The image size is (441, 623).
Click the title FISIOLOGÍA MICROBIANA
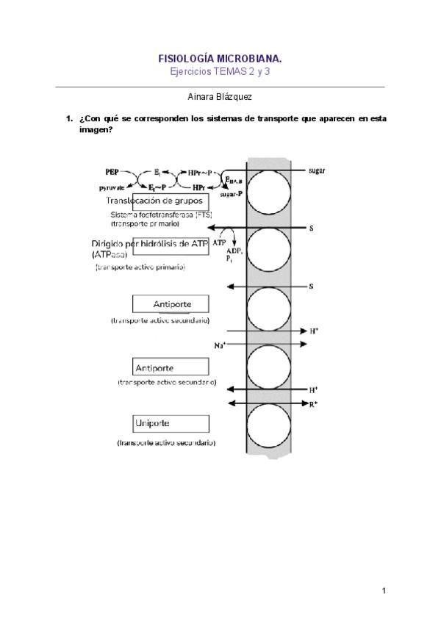220,58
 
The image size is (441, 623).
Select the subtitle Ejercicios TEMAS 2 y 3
220,71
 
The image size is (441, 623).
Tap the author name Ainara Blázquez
220,96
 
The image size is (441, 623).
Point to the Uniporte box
171,423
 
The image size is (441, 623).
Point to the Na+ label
220,345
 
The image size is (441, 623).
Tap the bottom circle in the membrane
268,426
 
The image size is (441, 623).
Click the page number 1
384,590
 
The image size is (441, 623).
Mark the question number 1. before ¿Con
68,118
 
